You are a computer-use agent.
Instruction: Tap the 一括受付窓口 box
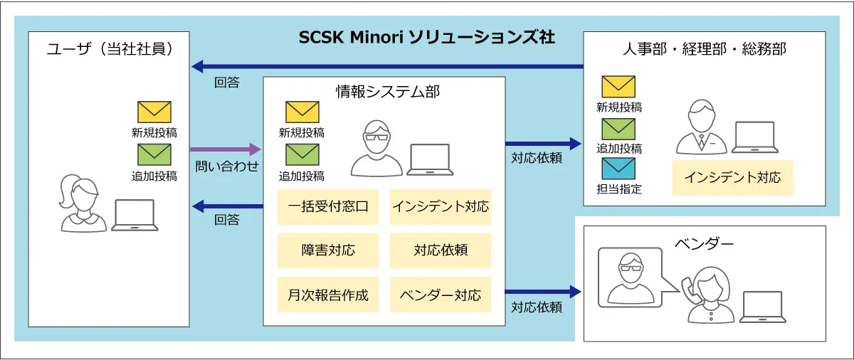328,207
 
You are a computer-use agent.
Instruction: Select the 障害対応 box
328,250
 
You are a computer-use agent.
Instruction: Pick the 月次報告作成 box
328,295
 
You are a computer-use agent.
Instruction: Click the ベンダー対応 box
441,295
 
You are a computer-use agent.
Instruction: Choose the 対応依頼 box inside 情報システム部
441,250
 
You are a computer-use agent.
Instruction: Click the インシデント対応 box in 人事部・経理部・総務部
732,177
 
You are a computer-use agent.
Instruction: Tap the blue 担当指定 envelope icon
618,169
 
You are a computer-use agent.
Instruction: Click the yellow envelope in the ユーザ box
154,112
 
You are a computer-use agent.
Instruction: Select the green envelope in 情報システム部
302,154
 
